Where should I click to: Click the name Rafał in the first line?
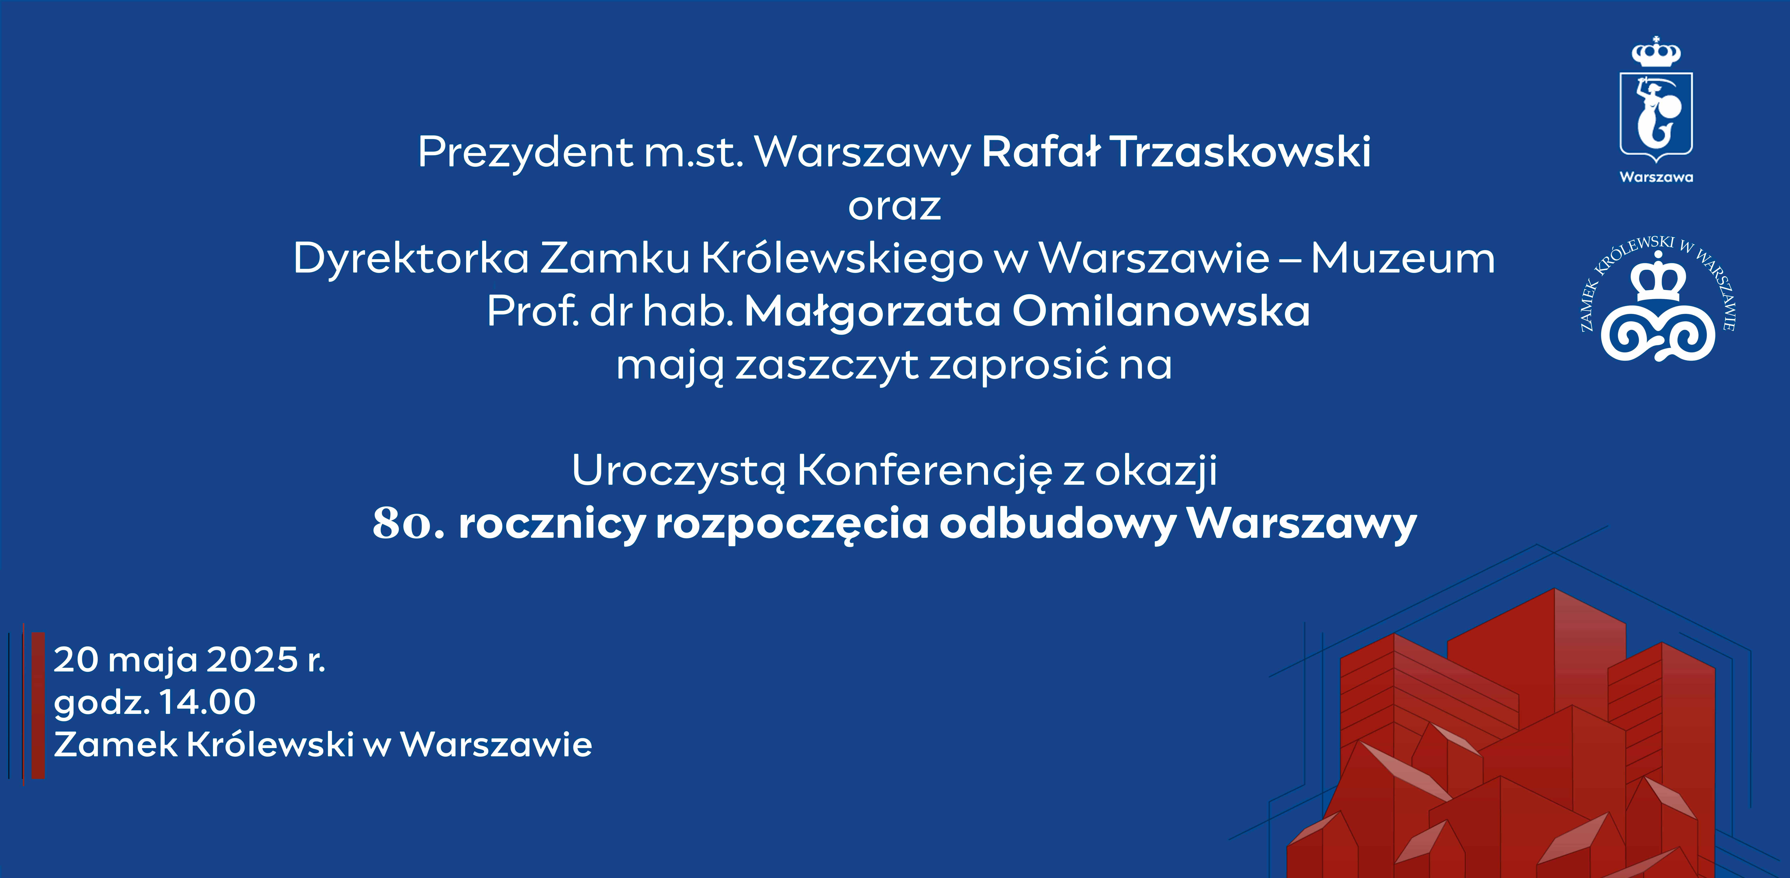[1041, 152]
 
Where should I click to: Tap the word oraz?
[894, 207]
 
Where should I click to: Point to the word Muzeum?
[1403, 259]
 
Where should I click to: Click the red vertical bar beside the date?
[38, 706]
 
